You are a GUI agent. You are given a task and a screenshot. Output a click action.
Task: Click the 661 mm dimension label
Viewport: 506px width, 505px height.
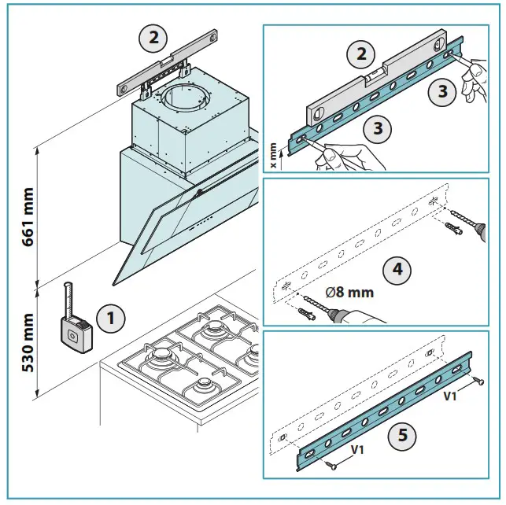point(28,217)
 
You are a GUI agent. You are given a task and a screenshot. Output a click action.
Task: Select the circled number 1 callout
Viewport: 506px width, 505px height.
point(110,319)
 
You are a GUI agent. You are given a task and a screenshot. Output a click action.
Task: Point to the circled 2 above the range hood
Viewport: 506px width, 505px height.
point(153,36)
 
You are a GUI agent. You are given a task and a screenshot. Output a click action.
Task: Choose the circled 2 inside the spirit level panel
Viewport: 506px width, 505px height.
point(360,54)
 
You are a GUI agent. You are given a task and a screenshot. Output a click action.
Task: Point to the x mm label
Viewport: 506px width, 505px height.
point(273,156)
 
